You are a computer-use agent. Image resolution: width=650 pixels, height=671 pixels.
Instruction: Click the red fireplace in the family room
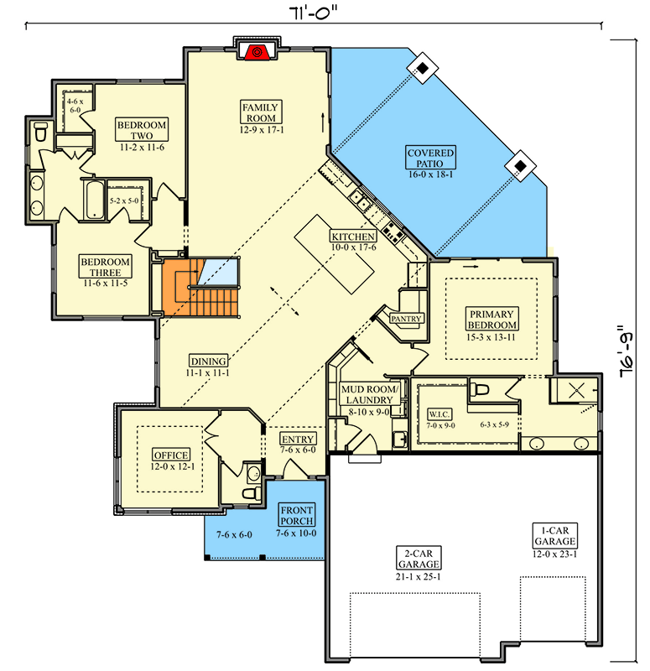(x=257, y=51)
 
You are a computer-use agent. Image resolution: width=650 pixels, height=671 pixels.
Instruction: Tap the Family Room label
(x=261, y=112)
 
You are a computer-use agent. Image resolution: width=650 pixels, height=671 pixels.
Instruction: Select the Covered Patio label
(x=430, y=158)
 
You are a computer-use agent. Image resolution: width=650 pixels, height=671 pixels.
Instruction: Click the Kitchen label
(x=353, y=237)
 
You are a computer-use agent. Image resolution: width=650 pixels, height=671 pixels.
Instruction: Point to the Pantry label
(x=406, y=319)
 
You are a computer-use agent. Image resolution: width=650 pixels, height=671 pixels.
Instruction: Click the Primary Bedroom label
(x=491, y=320)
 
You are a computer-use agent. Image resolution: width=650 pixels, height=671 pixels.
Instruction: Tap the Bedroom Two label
(x=142, y=130)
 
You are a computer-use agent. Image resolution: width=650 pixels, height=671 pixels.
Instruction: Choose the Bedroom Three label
(x=106, y=267)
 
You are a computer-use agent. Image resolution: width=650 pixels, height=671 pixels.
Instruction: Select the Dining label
(x=208, y=361)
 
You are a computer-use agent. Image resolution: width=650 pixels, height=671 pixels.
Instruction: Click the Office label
(x=171, y=455)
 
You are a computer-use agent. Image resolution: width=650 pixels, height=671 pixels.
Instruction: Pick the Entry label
(x=298, y=439)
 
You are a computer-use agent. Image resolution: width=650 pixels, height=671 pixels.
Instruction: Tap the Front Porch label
(x=297, y=515)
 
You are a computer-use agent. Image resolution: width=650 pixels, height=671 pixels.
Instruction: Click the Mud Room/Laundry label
(x=370, y=394)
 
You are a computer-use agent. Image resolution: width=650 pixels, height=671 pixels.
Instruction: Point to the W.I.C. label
(x=439, y=414)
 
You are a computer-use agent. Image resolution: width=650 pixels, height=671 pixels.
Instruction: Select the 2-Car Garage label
(x=419, y=558)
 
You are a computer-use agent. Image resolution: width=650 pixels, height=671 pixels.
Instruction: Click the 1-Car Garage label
(x=555, y=535)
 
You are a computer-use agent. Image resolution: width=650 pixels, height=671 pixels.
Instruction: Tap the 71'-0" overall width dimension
(x=313, y=13)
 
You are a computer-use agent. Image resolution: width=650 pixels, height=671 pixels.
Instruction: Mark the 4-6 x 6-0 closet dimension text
(x=75, y=106)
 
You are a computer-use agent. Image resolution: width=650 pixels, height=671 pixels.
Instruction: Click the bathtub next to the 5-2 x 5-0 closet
(x=94, y=200)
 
